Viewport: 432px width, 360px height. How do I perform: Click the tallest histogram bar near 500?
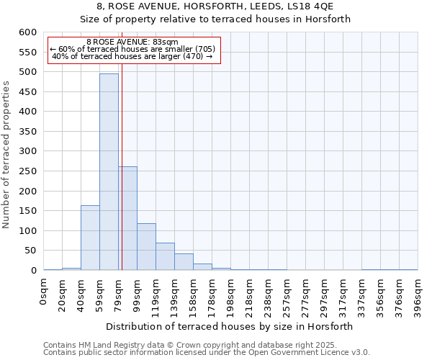click(109, 171)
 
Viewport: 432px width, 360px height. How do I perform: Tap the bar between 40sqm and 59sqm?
click(90, 238)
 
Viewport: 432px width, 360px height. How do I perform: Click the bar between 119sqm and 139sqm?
click(165, 256)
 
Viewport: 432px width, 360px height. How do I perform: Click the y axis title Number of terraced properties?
click(7, 155)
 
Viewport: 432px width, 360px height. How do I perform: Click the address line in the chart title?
click(215, 6)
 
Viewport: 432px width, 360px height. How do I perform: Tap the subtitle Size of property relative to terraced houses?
click(215, 19)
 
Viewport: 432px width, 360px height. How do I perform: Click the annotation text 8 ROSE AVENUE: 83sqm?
click(132, 42)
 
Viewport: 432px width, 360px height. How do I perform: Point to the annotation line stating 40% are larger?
click(132, 56)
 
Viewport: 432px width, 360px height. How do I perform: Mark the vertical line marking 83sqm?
click(122, 166)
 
